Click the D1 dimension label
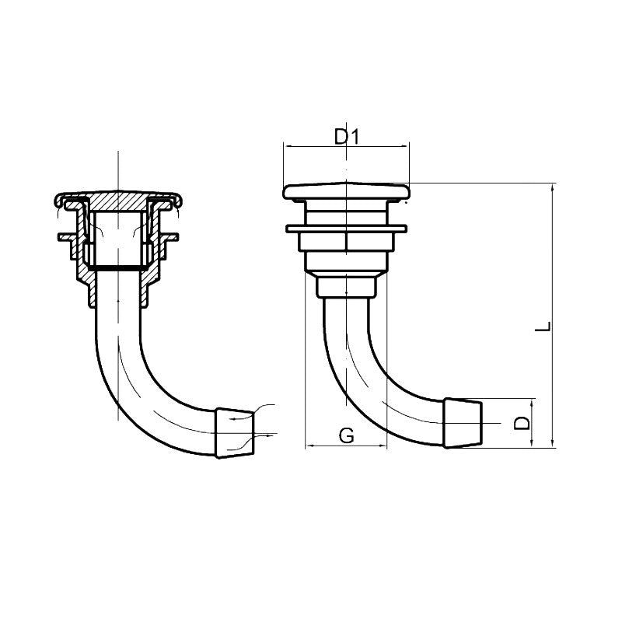(x=348, y=137)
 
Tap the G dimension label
(x=347, y=435)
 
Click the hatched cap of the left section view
(x=118, y=201)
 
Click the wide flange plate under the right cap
(x=346, y=229)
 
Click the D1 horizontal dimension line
(x=311, y=146)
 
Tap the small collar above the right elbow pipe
(x=346, y=288)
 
